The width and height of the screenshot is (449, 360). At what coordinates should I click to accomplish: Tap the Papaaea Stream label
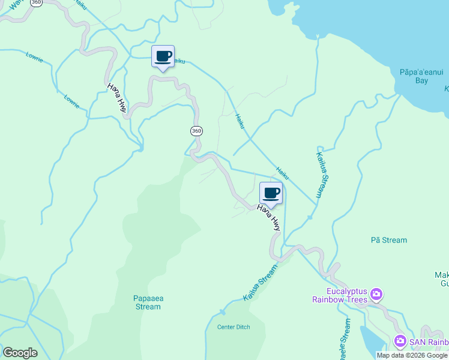147,302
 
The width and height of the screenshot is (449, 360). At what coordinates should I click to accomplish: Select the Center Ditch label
234,327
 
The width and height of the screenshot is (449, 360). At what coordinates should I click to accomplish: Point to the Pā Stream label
389,240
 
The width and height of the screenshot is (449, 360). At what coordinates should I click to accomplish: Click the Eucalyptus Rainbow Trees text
340,293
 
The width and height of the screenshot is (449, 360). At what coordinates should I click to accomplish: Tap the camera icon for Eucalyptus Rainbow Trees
376,293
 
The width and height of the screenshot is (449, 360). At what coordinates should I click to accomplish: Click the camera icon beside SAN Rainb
400,341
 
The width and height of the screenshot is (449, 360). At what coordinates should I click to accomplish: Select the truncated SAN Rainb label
429,342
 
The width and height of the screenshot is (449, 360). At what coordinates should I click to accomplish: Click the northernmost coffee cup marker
163,57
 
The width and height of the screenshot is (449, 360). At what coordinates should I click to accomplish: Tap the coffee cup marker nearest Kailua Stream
271,193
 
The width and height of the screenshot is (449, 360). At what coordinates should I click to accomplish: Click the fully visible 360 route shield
196,131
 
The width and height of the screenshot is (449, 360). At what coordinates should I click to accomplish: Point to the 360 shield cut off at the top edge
37,2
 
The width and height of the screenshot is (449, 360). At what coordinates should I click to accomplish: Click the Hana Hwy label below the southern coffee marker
269,218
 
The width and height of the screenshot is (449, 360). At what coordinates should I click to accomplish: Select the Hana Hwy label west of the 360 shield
116,97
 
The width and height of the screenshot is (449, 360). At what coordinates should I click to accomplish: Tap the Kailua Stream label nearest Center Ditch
261,281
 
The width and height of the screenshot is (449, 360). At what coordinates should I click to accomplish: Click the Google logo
20,353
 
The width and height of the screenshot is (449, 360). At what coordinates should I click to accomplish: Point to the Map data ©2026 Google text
412,355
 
